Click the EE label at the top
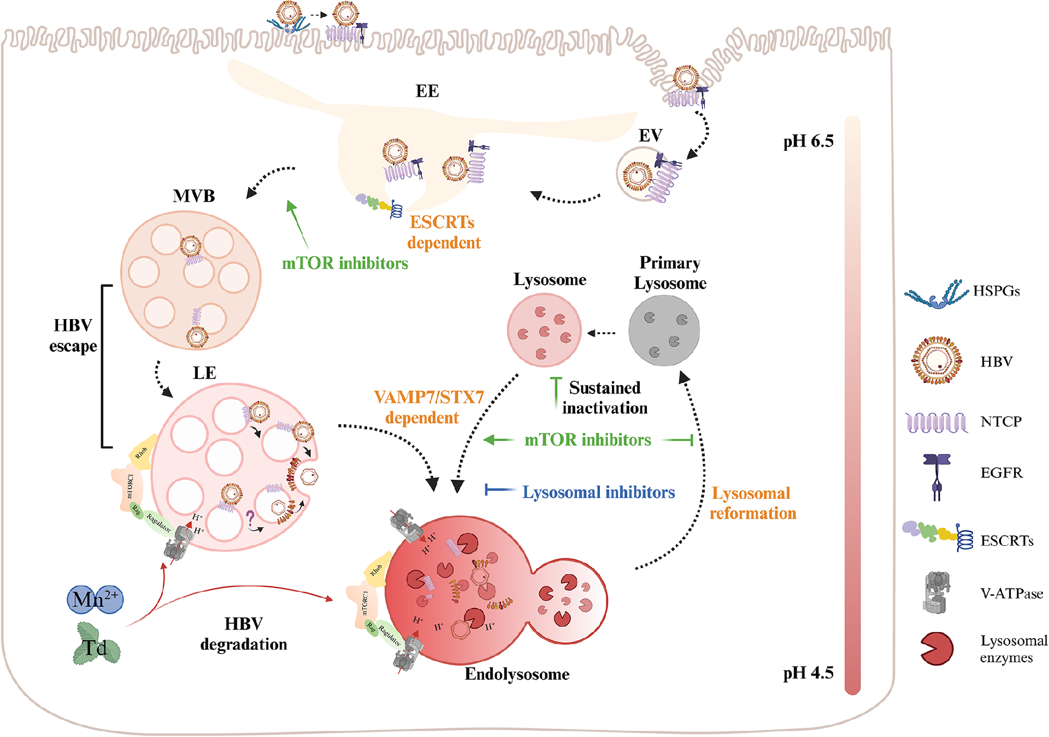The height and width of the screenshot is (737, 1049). [x=427, y=91]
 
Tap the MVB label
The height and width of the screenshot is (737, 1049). [x=194, y=196]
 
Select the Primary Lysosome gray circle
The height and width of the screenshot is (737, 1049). [x=664, y=331]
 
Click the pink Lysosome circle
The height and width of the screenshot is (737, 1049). [x=544, y=330]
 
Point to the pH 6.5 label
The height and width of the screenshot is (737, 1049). [x=808, y=141]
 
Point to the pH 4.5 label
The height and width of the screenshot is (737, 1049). [x=808, y=673]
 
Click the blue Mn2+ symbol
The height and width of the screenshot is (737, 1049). [x=96, y=599]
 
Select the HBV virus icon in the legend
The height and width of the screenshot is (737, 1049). [x=936, y=360]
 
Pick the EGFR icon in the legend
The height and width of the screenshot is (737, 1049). [x=936, y=476]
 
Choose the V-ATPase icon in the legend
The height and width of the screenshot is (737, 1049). [x=937, y=592]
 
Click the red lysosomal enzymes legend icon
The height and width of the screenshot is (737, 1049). [x=936, y=648]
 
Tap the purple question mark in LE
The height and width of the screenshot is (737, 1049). [x=250, y=517]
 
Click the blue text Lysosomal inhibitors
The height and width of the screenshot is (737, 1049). [x=598, y=492]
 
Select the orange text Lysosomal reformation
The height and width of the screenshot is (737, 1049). [x=752, y=503]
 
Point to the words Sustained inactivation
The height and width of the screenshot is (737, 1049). [x=605, y=398]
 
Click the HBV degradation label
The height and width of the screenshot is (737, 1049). [x=244, y=634]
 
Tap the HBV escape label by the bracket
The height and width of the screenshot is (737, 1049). [x=73, y=335]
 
